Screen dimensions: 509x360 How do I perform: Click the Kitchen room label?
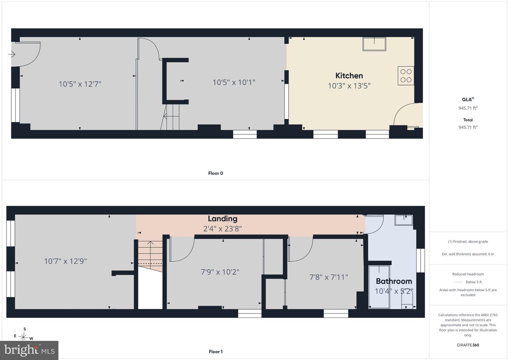(349, 76)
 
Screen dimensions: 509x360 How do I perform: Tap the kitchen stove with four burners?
(406, 76)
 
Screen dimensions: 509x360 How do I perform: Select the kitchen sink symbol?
(374, 44)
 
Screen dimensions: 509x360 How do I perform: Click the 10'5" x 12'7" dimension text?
(80, 84)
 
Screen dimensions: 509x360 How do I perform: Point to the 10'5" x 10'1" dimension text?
(234, 82)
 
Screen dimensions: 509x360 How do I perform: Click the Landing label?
(223, 219)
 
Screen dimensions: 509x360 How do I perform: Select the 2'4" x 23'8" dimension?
(222, 229)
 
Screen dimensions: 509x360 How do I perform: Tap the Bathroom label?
(394, 281)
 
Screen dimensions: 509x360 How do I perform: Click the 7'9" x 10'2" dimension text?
(220, 272)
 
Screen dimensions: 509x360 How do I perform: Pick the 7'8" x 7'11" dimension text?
(329, 277)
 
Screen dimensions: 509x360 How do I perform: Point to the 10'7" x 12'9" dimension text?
(65, 261)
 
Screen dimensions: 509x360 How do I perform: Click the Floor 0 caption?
(216, 173)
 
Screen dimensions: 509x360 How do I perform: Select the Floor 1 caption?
(216, 352)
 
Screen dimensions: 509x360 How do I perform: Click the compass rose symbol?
(23, 336)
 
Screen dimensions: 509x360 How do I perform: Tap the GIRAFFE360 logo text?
(468, 345)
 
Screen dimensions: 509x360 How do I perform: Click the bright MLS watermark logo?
(29, 350)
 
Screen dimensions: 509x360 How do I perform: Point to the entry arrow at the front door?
(12, 54)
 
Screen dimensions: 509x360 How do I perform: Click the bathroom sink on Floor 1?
(404, 220)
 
